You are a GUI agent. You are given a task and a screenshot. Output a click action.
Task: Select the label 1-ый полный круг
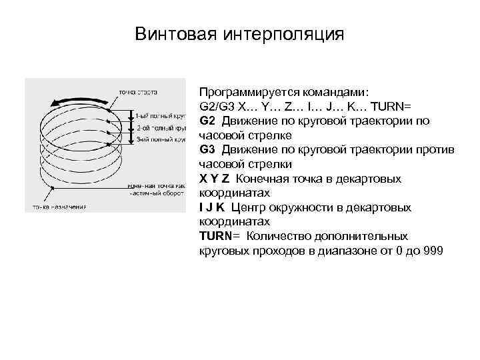(160, 114)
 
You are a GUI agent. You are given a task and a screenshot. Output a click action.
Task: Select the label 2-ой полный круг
(160, 127)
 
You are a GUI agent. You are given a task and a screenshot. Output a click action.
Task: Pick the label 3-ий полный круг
(160, 139)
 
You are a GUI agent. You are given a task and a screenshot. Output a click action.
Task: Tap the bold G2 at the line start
(207, 121)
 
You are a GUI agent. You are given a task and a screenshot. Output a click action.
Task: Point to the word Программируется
(246, 92)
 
